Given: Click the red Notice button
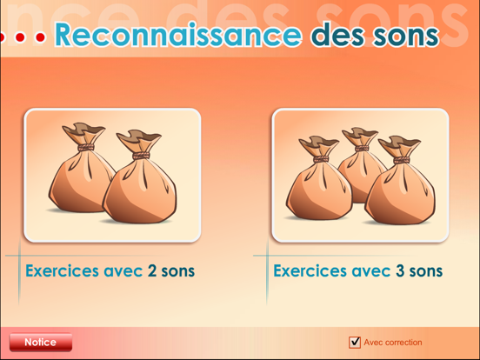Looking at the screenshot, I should click(40, 343).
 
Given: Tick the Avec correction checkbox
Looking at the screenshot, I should click(355, 343).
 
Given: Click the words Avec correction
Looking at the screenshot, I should click(393, 343).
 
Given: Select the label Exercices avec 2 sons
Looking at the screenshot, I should click(110, 271).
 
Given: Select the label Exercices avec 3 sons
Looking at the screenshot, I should click(357, 271).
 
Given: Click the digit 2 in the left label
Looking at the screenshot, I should click(153, 271).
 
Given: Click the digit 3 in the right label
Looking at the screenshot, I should click(401, 271).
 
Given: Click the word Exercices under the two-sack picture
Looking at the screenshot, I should click(62, 271).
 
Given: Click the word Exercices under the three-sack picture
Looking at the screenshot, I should click(310, 271).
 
